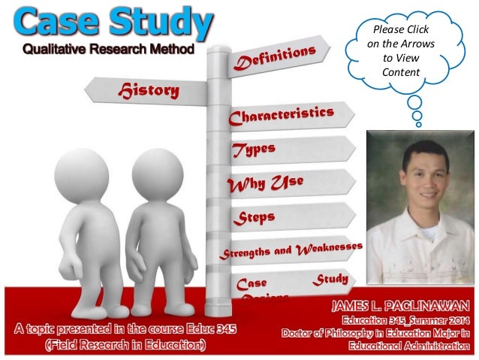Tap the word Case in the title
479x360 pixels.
57,23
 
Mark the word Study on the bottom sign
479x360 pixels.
330,280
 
